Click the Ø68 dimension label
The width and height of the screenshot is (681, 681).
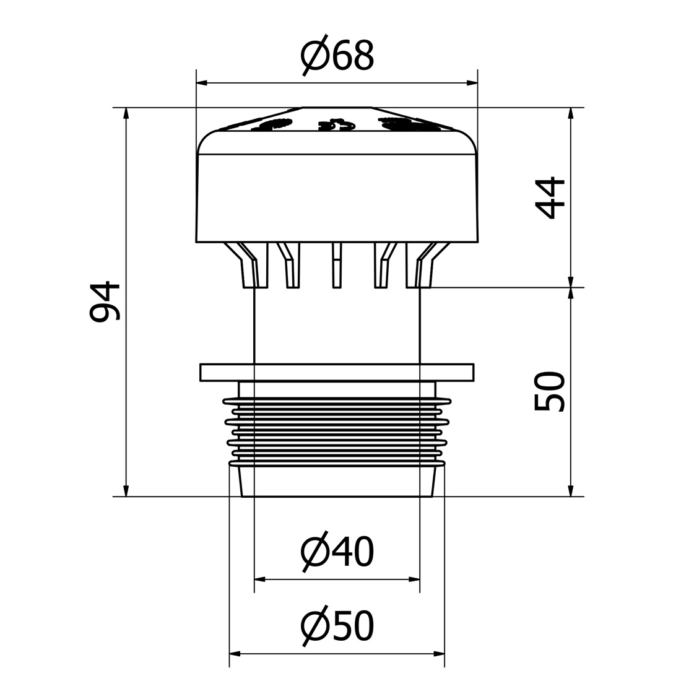[x=337, y=56]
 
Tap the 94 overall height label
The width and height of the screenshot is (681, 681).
[x=105, y=301]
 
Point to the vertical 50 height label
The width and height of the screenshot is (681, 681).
[x=550, y=391]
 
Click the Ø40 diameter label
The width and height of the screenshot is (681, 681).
[x=337, y=552]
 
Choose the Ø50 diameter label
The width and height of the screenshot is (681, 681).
[x=337, y=625]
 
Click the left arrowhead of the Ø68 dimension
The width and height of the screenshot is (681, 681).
[x=202, y=82]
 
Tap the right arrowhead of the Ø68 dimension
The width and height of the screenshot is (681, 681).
[x=472, y=82]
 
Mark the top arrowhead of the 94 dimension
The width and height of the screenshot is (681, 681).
[x=126, y=113]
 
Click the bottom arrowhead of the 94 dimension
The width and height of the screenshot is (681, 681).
[x=126, y=490]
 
